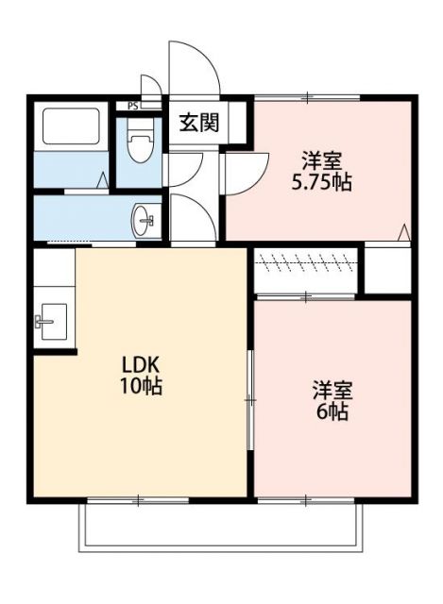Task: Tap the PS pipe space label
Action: pos(132,105)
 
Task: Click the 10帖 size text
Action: pos(139,386)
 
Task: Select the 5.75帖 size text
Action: pos(321,182)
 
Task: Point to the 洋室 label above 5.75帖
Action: pos(320,159)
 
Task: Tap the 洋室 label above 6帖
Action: pos(332,389)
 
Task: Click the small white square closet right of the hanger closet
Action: pos(387,269)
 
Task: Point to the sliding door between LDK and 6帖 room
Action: pos(250,401)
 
